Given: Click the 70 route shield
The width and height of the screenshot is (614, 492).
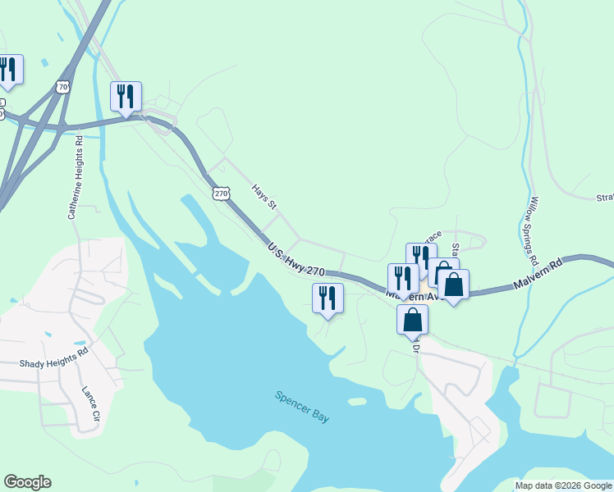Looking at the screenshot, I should tap(64, 86).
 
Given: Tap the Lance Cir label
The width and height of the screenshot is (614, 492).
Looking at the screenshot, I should tap(90, 403).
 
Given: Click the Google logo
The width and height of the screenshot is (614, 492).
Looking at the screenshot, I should tap(27, 482).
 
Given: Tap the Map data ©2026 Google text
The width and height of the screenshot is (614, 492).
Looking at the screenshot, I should tap(562, 485).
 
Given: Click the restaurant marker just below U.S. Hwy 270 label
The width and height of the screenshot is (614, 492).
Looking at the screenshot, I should tap(328, 298).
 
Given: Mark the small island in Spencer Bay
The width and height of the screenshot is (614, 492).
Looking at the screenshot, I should tap(356, 402).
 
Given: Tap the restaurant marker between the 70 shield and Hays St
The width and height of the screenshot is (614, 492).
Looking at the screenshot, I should tap(126, 96).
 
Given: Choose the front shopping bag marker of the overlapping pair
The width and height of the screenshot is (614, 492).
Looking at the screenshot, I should tap(453, 285).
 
